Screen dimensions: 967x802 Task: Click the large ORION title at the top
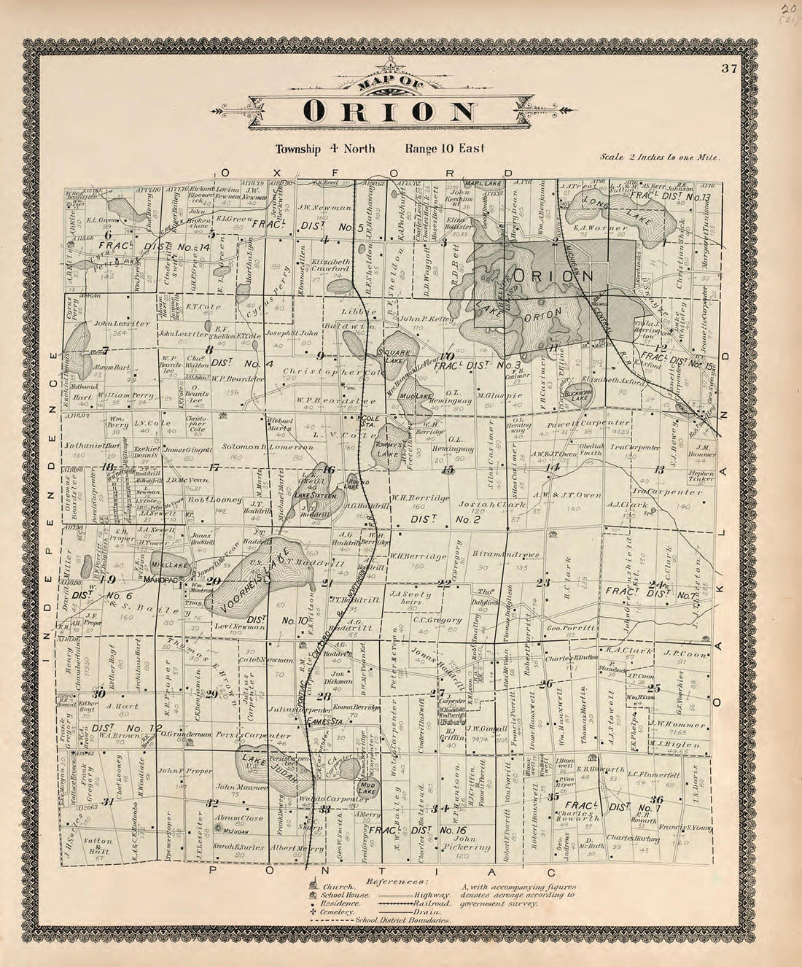coord(390,111)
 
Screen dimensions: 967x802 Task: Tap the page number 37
coord(728,69)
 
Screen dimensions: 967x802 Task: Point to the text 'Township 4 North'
coord(325,149)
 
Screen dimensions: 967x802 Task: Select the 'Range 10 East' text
coord(445,149)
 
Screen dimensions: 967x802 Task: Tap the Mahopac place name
coord(161,580)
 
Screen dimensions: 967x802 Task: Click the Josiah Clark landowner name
coord(482,504)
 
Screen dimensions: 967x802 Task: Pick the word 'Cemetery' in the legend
coord(335,912)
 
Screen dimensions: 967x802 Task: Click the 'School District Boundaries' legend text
coord(402,920)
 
